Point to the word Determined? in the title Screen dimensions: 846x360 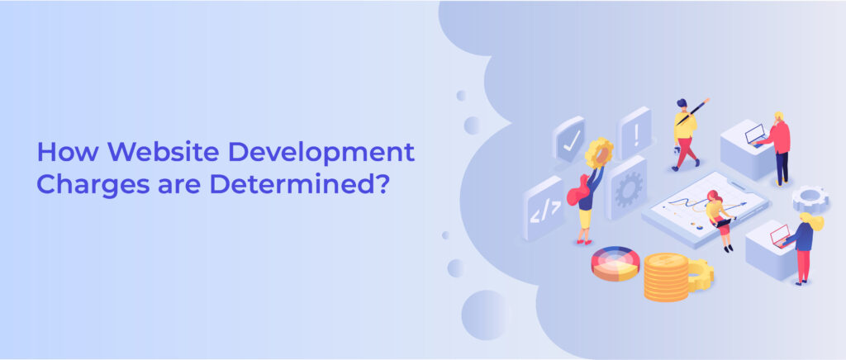click(x=299, y=184)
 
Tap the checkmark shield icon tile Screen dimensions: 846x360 click(x=569, y=140)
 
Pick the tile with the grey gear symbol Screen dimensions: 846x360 click(x=628, y=188)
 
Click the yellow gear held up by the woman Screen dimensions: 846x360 click(x=599, y=152)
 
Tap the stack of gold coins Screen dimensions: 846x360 click(x=666, y=277)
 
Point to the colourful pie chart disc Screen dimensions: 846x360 click(x=615, y=263)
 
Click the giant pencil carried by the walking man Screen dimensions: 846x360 click(x=693, y=111)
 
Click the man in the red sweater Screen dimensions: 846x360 click(x=777, y=148)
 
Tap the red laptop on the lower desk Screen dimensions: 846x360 click(x=780, y=235)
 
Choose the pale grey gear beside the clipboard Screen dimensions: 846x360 click(x=810, y=198)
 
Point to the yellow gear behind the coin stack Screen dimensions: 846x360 click(x=701, y=275)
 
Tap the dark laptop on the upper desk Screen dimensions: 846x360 click(x=755, y=135)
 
